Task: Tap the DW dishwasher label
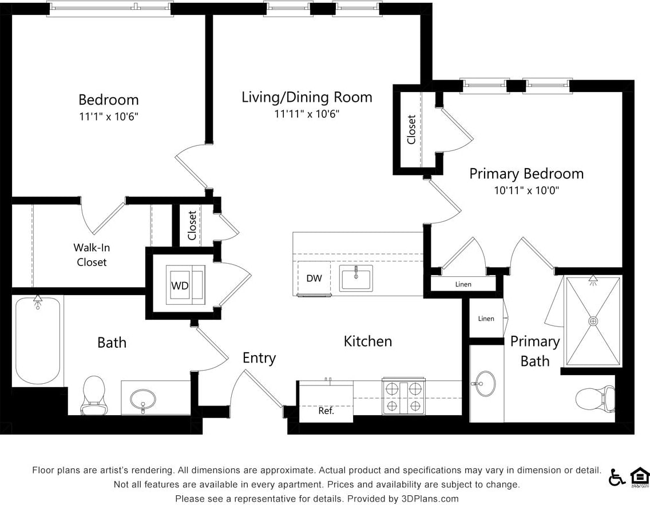314,279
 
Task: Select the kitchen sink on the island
355,278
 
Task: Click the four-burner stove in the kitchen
403,396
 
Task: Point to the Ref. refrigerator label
326,411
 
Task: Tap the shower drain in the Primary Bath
593,321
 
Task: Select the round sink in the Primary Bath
485,383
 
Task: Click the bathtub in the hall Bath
37,341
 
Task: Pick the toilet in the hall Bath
93,395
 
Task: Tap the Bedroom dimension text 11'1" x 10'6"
109,116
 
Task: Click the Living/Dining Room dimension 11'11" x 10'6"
307,114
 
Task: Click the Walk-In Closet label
92,255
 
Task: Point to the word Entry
259,358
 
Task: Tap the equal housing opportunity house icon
639,476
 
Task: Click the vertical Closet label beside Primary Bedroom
411,130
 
